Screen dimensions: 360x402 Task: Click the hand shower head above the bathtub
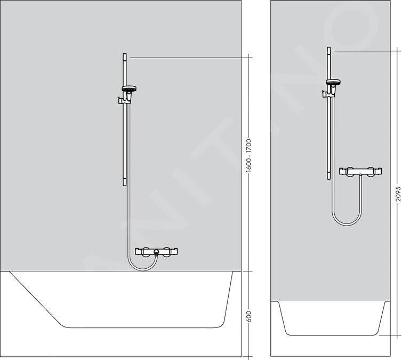[129, 89]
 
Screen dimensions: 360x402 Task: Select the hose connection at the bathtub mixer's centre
[156, 253]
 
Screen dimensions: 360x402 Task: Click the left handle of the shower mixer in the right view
[349, 172]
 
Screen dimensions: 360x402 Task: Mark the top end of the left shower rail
[125, 55]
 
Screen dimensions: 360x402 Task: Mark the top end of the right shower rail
[328, 50]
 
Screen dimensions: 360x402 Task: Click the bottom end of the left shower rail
[125, 182]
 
